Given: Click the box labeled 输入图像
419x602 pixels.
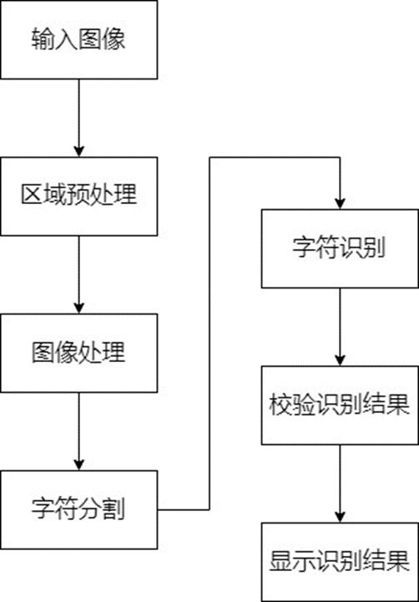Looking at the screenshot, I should tap(78, 39).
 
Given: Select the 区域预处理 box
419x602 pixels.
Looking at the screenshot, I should tap(78, 196).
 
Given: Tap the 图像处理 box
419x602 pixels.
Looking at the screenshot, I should tap(78, 353).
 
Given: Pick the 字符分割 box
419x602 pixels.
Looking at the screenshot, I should tap(78, 508).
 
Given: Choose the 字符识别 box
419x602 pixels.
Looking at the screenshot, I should tap(340, 248).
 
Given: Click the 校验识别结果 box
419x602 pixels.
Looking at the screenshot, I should tap(340, 405).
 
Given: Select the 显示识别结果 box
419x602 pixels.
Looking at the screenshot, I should tap(340, 561).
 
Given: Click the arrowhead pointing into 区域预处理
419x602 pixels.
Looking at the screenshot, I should tap(78, 151).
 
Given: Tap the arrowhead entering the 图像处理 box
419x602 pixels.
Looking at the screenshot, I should tap(78, 308).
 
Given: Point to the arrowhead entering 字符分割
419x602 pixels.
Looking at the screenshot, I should tap(78, 465).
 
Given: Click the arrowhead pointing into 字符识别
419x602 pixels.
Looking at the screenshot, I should tap(340, 203).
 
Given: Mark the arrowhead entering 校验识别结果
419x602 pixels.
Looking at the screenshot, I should tap(340, 360).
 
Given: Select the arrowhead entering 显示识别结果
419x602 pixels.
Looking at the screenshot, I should tap(340, 517).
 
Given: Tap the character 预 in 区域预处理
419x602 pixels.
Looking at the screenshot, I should tap(78, 196).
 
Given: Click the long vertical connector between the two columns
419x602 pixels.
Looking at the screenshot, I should tap(209, 334).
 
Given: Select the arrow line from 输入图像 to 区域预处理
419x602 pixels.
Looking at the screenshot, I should tap(78, 113).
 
